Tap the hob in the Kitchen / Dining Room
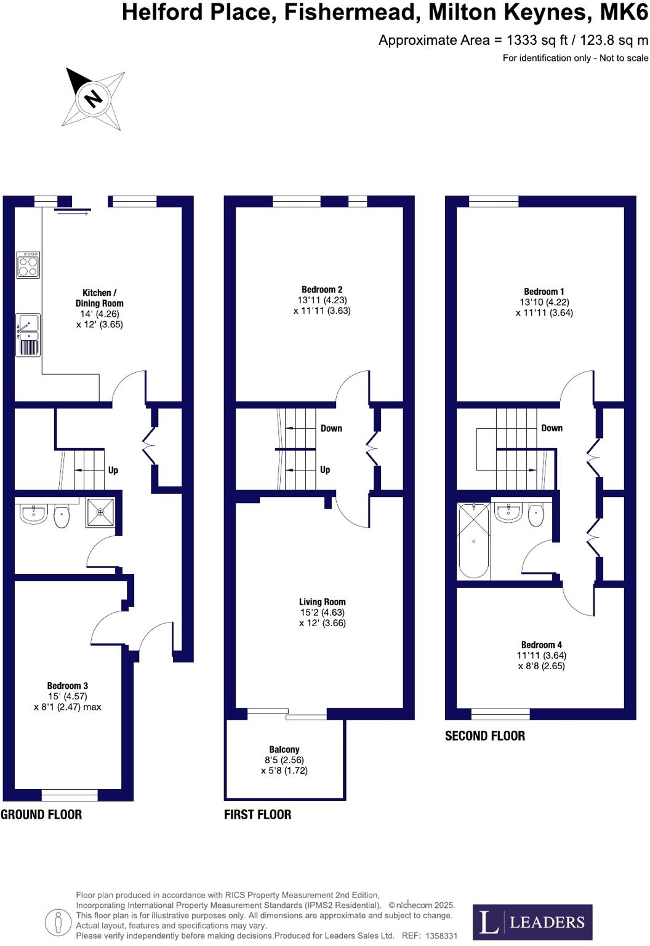(x=28, y=264)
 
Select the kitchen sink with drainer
(x=28, y=335)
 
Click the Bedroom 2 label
(x=322, y=290)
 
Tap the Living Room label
(x=322, y=602)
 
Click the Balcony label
(x=284, y=749)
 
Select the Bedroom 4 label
(x=541, y=645)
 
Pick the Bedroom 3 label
(x=68, y=686)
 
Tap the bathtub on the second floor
(x=473, y=541)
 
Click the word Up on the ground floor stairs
(x=113, y=470)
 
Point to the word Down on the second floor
(x=552, y=428)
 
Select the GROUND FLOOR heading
(x=41, y=814)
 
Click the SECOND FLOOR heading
(x=485, y=736)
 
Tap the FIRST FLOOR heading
(x=257, y=814)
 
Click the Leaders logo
(x=532, y=922)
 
